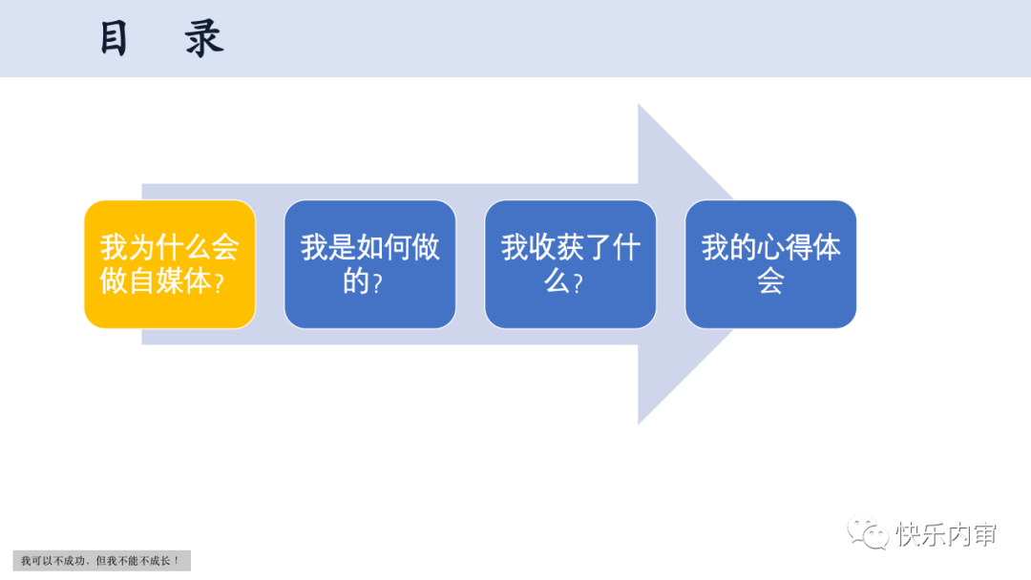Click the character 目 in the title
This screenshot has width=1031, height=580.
[x=114, y=39]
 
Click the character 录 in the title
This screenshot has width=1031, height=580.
[x=204, y=39]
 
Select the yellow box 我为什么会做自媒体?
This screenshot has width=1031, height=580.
[x=170, y=264]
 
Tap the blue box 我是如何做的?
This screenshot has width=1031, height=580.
[x=370, y=264]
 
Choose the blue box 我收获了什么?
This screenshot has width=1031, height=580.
[x=571, y=264]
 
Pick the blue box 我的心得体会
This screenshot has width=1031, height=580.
[x=771, y=264]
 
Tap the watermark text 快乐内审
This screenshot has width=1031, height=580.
[x=946, y=534]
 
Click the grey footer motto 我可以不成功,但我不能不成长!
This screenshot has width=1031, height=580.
[x=101, y=561]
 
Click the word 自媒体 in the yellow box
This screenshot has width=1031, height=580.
[x=170, y=281]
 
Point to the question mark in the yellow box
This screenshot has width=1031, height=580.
[x=220, y=283]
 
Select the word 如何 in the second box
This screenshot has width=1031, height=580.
[x=384, y=248]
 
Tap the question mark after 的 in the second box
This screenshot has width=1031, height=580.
[x=377, y=283]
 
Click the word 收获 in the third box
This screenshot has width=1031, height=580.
[x=557, y=248]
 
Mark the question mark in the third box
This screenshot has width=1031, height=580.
[x=578, y=283]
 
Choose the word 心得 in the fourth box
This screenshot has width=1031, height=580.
[x=785, y=248]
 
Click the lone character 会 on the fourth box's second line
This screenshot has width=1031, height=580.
[x=771, y=281]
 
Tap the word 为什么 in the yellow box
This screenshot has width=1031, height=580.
[x=156, y=248]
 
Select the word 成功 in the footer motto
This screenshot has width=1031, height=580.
[x=74, y=561]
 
